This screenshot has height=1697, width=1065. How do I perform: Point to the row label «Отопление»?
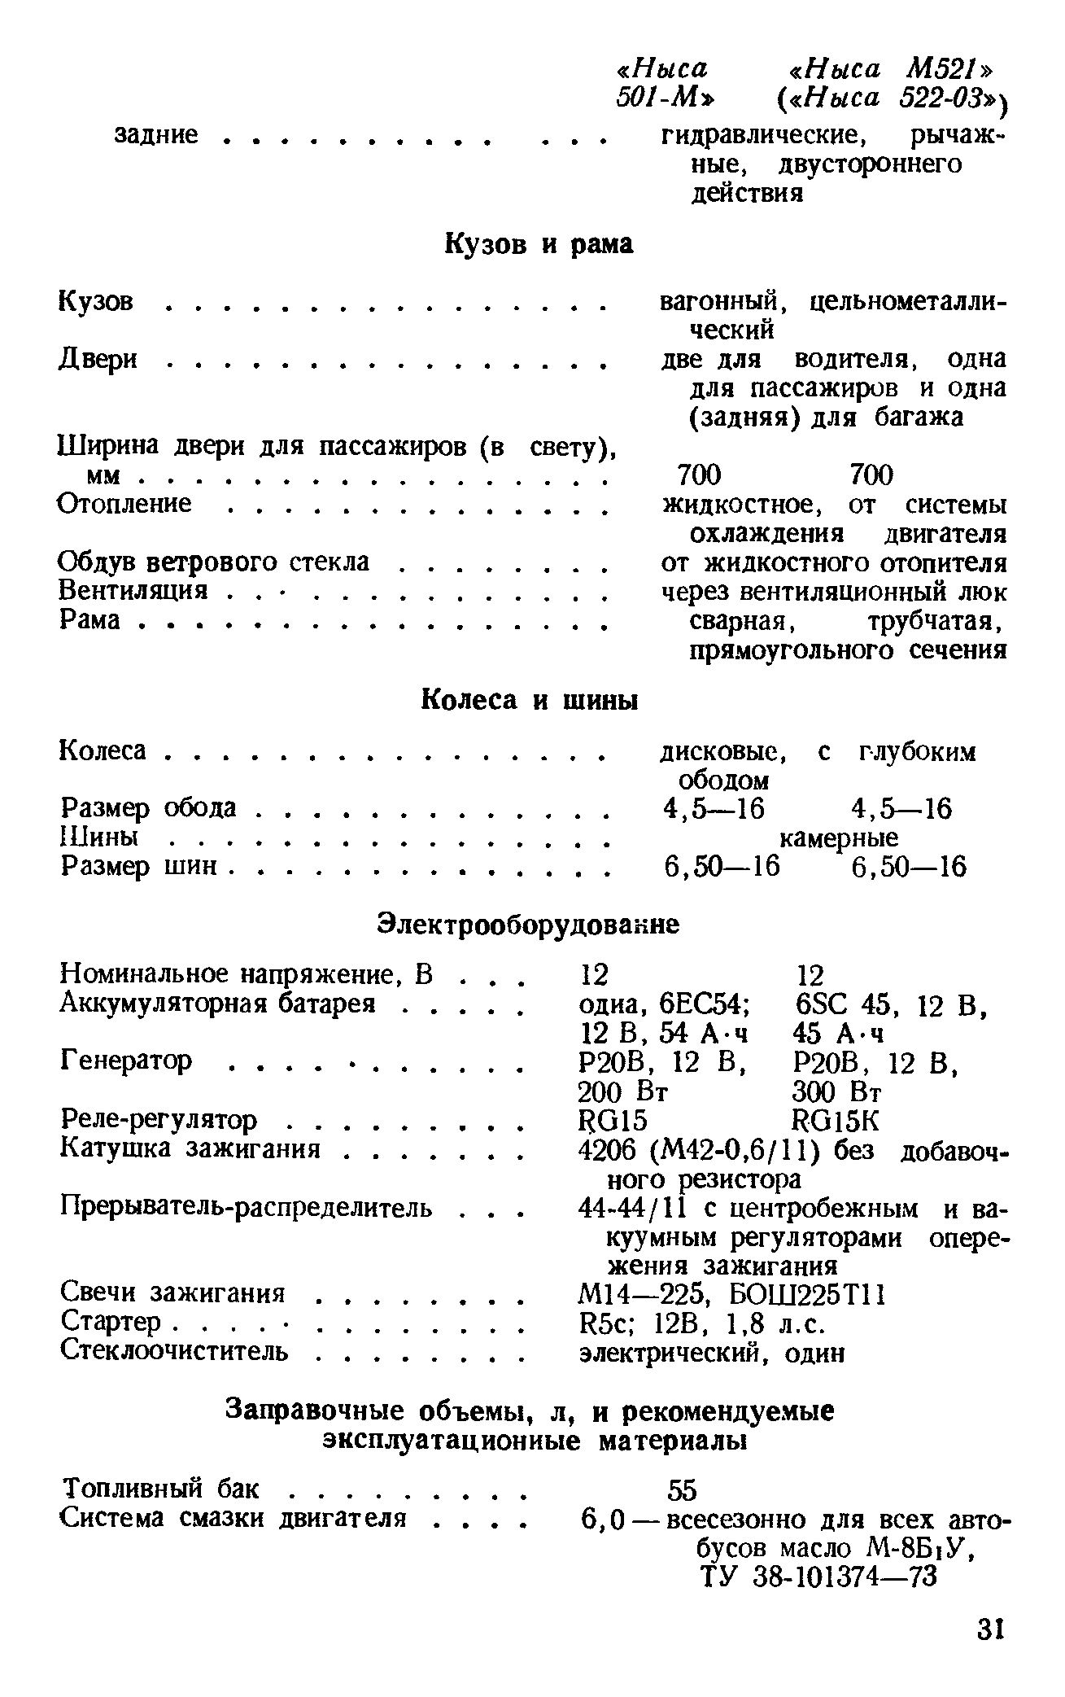125,504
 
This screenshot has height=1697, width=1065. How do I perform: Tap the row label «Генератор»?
127,1060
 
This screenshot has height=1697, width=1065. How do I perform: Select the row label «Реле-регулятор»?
159,1120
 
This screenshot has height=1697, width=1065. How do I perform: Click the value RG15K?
836,1121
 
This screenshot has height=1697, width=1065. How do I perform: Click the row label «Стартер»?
111,1322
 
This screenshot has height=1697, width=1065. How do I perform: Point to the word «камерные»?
839,838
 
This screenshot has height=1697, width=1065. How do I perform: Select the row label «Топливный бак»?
161,1489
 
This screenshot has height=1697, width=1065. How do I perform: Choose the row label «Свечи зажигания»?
172,1292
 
